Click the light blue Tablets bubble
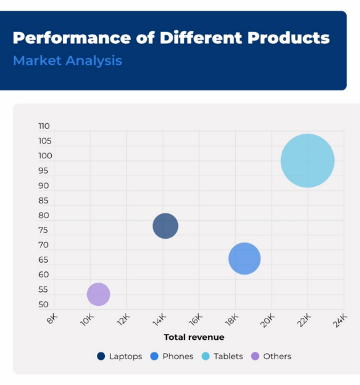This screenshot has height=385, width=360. (308, 160)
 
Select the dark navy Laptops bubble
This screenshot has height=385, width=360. (165, 226)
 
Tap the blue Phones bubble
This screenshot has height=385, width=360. (244, 259)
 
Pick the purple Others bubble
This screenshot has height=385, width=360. (98, 294)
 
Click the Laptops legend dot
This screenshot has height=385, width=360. (101, 356)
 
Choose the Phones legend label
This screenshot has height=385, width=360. (178, 356)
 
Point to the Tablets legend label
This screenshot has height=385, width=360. (228, 356)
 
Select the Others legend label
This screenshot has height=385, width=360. (277, 356)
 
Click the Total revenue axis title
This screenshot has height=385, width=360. (194, 337)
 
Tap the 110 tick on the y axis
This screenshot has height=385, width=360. (44, 126)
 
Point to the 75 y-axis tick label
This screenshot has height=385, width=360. (43, 230)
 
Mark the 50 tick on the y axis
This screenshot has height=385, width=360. (43, 305)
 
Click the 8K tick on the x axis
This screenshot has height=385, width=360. (52, 319)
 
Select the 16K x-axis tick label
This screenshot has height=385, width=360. (196, 320)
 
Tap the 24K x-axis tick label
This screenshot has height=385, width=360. (340, 321)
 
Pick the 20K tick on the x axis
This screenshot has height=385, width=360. (268, 321)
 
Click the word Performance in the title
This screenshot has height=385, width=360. (72, 38)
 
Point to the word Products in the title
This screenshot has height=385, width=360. (289, 38)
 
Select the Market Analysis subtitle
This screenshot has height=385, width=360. (68, 61)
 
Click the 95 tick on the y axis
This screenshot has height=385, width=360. (43, 171)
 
